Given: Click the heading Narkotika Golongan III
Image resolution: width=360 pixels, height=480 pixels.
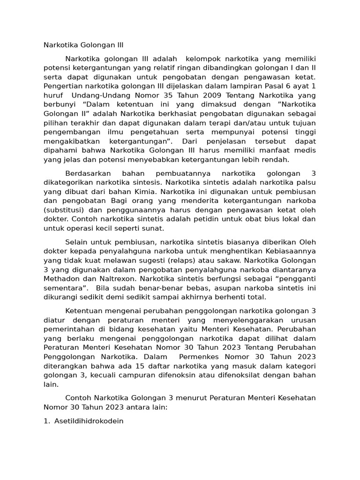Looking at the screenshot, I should tap(83, 45).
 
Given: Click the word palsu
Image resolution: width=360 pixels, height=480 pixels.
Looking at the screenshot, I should tap(305, 182).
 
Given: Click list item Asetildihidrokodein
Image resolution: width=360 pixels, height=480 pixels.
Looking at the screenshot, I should tap(89, 420).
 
